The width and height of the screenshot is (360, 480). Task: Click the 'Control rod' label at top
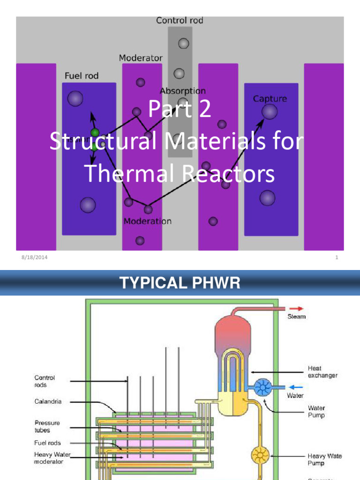[180, 21]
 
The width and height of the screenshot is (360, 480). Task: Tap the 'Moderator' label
[141, 58]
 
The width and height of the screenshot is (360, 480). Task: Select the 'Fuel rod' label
[81, 75]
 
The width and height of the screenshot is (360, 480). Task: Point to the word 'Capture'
[270, 98]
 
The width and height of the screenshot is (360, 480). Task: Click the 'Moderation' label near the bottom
[147, 221]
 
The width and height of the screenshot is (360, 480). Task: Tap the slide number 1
[337, 257]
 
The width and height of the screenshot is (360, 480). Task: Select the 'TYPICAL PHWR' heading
[180, 283]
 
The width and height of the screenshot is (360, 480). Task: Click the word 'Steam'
[296, 316]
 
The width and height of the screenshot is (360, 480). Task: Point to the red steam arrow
[297, 308]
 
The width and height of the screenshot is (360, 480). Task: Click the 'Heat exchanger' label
[322, 372]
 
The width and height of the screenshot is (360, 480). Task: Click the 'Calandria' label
[48, 402]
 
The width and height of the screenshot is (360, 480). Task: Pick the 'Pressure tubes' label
[47, 426]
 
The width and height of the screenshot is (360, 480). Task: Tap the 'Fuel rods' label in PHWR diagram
[47, 442]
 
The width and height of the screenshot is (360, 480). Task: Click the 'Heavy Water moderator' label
[52, 458]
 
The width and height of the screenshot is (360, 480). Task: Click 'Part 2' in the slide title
[180, 110]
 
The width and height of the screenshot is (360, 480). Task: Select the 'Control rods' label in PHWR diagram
[45, 381]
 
